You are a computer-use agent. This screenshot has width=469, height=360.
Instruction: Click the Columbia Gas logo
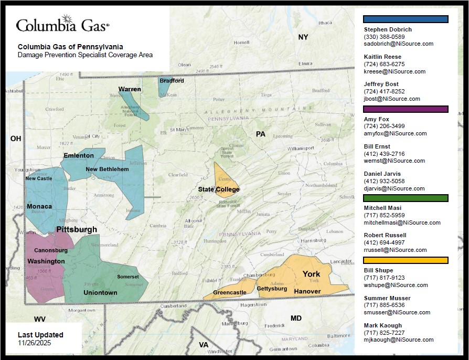(62, 25)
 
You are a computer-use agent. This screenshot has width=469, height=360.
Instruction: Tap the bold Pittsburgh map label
(77, 230)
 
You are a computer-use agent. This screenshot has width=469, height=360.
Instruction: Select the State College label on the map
(219, 189)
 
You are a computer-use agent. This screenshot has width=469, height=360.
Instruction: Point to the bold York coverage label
(311, 274)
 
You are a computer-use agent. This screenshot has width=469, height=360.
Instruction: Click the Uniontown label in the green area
(100, 293)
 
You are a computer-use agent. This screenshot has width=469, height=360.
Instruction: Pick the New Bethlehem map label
(107, 170)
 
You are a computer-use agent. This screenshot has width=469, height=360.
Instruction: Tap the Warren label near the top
(129, 89)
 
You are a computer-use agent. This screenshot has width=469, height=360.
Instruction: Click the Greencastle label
(229, 293)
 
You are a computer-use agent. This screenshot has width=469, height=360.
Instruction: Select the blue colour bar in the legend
(406, 19)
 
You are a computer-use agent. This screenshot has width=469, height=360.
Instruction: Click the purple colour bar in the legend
(406, 109)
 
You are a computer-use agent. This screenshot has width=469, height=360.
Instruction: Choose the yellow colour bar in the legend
(406, 260)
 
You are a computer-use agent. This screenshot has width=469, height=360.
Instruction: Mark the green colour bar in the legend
(406, 198)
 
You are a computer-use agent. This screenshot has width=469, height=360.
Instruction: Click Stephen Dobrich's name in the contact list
(388, 30)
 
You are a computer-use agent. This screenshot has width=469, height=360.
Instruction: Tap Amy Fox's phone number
(384, 126)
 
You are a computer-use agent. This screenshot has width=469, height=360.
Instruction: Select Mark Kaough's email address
(399, 340)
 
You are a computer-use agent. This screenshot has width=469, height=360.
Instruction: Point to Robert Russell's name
(385, 236)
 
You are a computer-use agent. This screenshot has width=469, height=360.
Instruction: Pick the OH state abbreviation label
(16, 139)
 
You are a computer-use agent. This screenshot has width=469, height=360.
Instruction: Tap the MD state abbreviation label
(296, 319)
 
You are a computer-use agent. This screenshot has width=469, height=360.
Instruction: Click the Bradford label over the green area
(172, 81)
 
